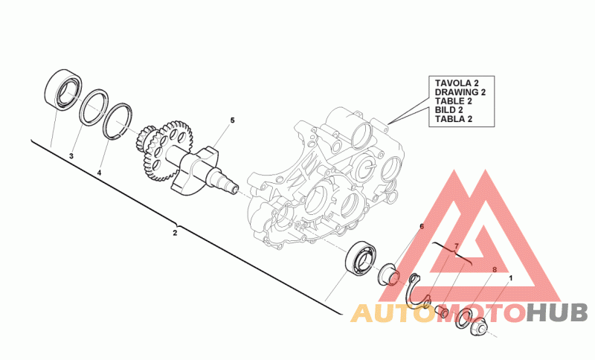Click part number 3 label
[x=71, y=156]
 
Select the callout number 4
[x=99, y=173]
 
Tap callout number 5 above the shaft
[x=231, y=120]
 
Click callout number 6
[x=421, y=226]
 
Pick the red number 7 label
[x=457, y=245]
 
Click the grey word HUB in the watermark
[x=557, y=313]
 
